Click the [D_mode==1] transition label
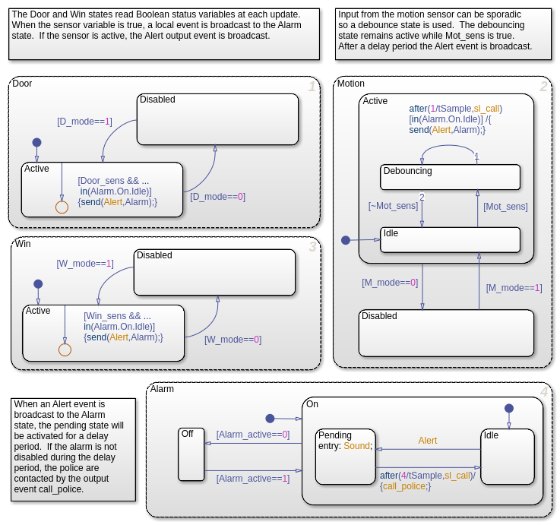[84, 122]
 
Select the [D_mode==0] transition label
[217, 197]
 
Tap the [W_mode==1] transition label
[84, 264]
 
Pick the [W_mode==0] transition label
[233, 340]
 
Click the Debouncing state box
[450, 177]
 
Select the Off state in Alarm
[191, 454]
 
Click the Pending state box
[346, 456]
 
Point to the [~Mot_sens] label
[393, 206]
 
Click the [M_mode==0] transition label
[390, 283]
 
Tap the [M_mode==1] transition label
[514, 288]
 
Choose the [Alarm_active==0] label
[253, 435]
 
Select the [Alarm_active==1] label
[253, 479]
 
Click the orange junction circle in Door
[62, 207]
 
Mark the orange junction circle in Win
[65, 349]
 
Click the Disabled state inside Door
[217, 119]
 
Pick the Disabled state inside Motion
[446, 333]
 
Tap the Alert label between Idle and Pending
[427, 441]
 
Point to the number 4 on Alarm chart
[543, 393]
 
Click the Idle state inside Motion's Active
[450, 239]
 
